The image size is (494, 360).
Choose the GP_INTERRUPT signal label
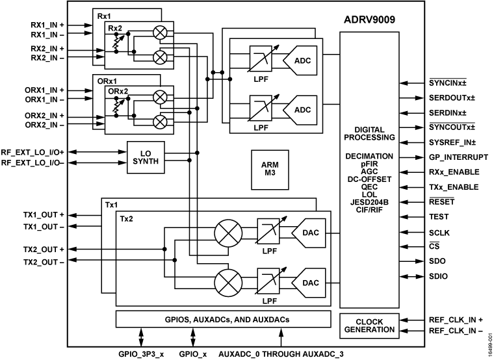pos(459,158)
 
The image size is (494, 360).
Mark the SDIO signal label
pos(438,276)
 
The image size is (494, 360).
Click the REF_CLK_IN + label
pos(456,320)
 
